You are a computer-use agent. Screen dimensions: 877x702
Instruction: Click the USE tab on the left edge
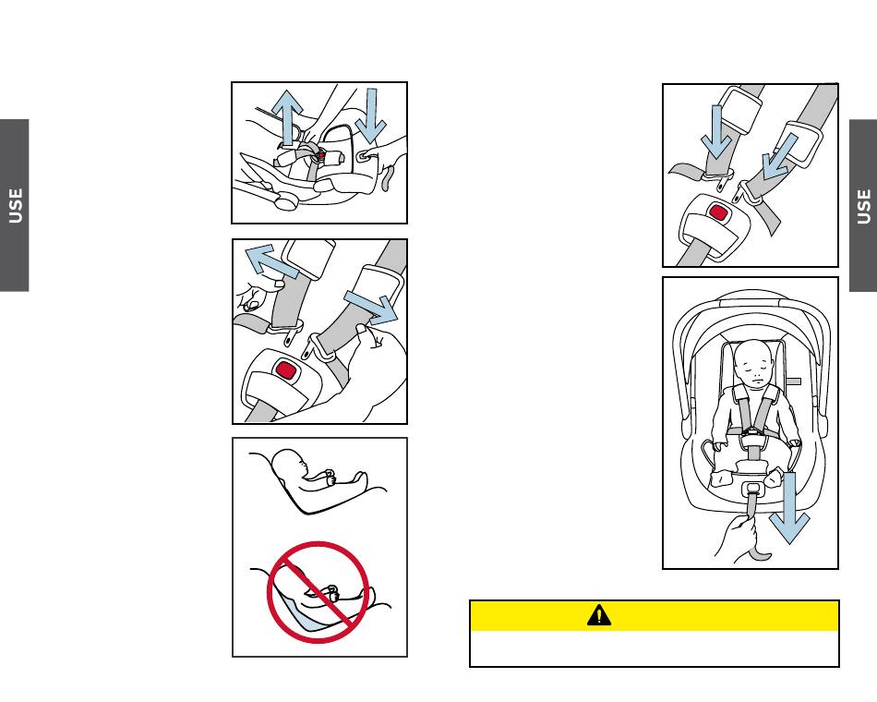(x=15, y=205)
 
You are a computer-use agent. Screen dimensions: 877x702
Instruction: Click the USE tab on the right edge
(x=863, y=205)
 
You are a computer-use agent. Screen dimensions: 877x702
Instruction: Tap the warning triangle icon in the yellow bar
(x=599, y=616)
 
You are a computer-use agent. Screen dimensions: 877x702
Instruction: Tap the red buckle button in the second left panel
(x=286, y=371)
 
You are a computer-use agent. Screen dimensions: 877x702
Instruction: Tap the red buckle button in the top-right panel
(x=718, y=212)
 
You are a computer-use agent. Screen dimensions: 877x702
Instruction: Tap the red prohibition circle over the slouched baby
(x=318, y=592)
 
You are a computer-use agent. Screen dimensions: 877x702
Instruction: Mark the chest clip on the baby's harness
(x=752, y=430)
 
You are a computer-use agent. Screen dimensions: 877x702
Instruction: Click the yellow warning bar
(x=654, y=616)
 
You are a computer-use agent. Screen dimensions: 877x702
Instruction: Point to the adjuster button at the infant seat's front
(x=752, y=487)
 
